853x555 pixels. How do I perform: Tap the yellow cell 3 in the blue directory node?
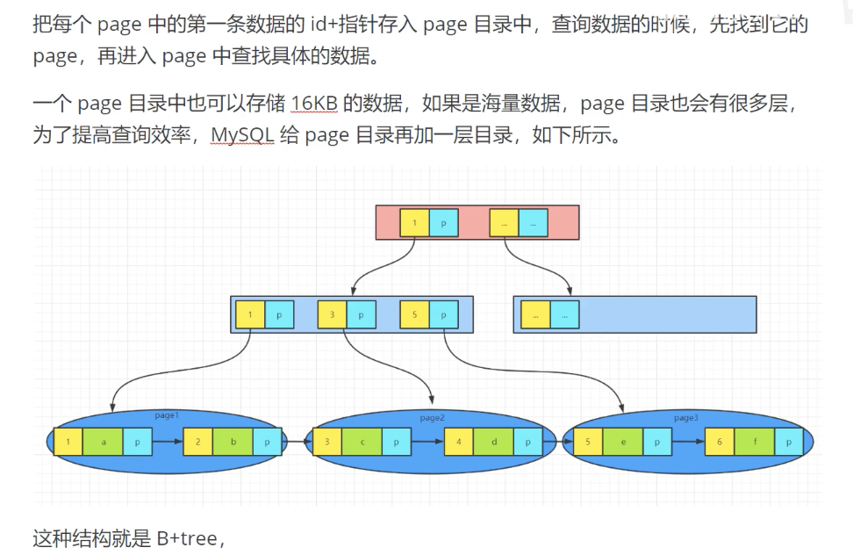point(332,314)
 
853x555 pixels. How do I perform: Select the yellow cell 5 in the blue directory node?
point(413,314)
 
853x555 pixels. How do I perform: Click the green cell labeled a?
point(104,442)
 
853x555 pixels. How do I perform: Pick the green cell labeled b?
point(233,442)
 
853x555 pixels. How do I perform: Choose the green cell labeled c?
point(362,442)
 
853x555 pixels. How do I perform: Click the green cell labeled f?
point(754,442)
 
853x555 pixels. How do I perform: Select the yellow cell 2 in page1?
point(198,442)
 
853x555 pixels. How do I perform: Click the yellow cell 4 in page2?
point(459,442)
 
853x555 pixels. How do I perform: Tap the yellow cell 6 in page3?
point(720,442)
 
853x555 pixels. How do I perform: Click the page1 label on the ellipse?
point(166,414)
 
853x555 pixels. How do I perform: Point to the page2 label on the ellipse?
point(432,417)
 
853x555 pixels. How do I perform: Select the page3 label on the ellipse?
point(685,417)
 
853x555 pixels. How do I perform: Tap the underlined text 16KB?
point(313,105)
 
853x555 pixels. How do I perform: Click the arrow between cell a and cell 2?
point(168,442)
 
